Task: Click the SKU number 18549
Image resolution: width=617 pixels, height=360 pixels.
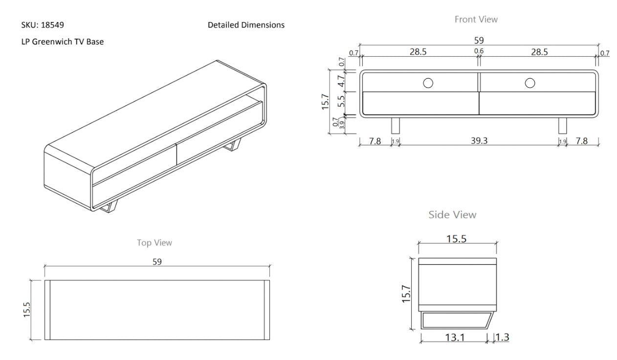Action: click(x=52, y=24)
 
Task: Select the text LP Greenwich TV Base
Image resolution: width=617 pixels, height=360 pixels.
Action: click(x=62, y=42)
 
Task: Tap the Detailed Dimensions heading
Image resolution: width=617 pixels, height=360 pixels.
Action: click(x=246, y=24)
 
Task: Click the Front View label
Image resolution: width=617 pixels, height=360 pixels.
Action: click(x=476, y=19)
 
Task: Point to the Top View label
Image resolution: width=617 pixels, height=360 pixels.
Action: click(x=154, y=243)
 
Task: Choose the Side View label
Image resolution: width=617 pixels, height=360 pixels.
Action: click(x=452, y=214)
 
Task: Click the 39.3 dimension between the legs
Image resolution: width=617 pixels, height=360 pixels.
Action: click(x=479, y=141)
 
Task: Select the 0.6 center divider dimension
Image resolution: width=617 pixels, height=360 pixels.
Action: click(x=479, y=51)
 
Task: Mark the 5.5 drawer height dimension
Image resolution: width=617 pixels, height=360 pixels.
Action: click(x=342, y=101)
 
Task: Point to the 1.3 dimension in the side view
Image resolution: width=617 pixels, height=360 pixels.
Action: click(x=502, y=337)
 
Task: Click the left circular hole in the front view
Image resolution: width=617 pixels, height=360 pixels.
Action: click(x=428, y=83)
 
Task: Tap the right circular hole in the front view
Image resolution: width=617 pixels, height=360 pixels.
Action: click(x=529, y=83)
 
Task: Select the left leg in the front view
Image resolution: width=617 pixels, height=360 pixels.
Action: click(x=396, y=125)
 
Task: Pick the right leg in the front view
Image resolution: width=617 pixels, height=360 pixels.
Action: click(x=562, y=125)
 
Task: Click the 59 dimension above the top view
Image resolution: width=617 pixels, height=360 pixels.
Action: click(x=156, y=262)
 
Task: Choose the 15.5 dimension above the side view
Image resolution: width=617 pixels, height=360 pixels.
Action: click(x=457, y=239)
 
